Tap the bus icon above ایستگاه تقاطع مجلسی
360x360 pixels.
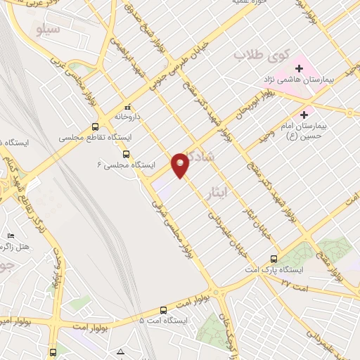[95, 127]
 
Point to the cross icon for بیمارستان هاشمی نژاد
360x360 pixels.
[300, 68]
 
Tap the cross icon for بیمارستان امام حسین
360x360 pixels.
[304, 115]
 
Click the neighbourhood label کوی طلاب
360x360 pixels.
[257, 54]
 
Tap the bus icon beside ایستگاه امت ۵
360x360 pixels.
[164, 309]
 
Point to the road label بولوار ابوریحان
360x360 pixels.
[252, 106]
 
